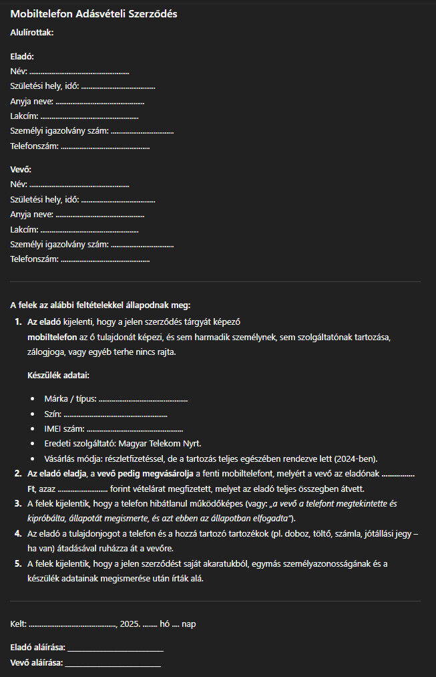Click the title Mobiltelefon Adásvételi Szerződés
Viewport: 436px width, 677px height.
click(93, 14)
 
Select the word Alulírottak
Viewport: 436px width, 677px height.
click(32, 31)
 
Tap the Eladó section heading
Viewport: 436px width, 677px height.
click(22, 57)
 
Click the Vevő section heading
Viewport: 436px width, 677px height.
click(21, 170)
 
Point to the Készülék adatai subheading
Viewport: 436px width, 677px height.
click(59, 375)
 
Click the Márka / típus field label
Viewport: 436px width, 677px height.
click(70, 399)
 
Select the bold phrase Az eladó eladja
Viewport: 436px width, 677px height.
click(57, 473)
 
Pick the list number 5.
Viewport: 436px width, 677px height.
click(18, 563)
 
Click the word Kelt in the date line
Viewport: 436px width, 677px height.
click(18, 624)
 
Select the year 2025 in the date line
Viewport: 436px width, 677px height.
click(130, 624)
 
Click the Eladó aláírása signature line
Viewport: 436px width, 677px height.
click(115, 649)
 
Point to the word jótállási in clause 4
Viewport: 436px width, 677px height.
click(368, 534)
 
